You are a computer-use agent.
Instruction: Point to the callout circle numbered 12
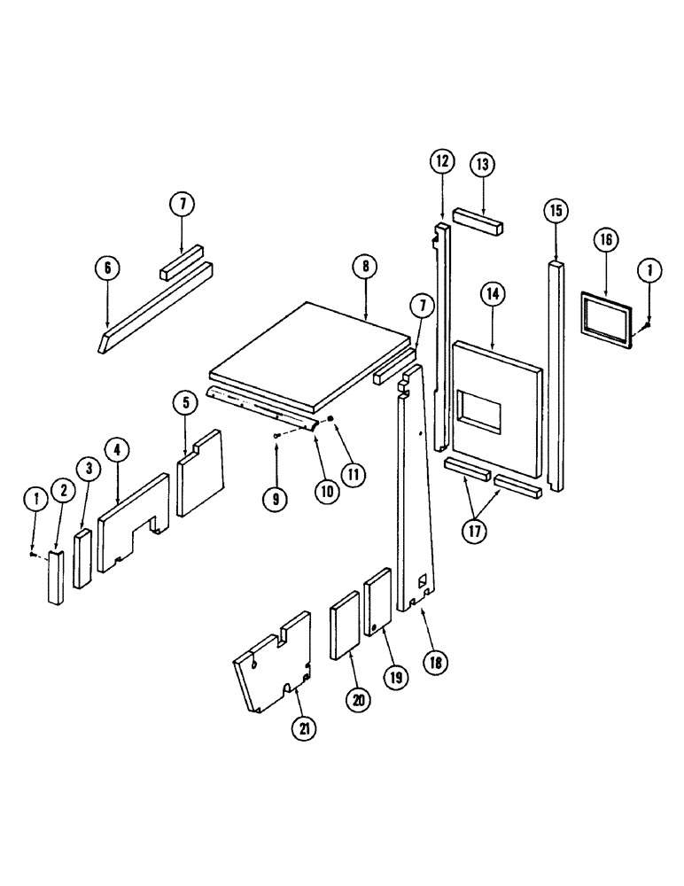tap(442, 161)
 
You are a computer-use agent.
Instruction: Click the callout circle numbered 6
tap(106, 266)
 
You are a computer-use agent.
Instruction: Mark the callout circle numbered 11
tap(354, 474)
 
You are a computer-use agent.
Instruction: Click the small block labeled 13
tap(479, 221)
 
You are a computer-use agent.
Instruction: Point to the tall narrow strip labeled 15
tap(556, 372)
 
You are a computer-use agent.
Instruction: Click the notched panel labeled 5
tap(200, 474)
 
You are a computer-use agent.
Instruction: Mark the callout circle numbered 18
tap(435, 661)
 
